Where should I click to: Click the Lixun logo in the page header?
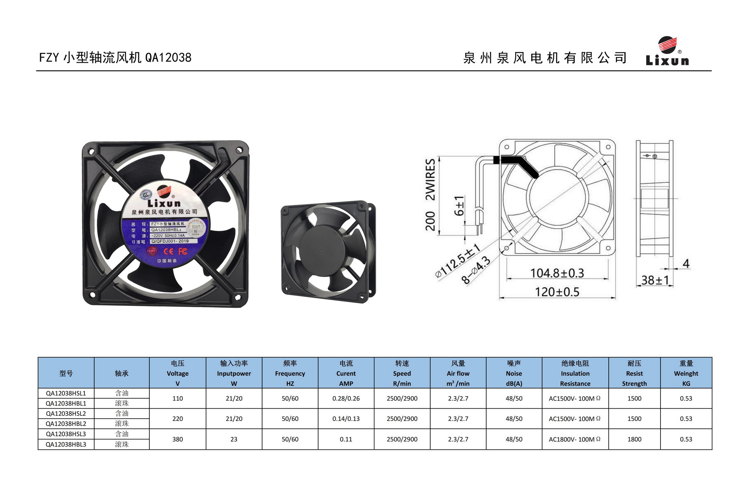coord(667,51)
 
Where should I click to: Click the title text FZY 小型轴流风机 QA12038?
coord(115,57)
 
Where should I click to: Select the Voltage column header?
coord(178,373)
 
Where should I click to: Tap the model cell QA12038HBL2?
coord(66,424)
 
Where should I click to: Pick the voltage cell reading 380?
coord(178,439)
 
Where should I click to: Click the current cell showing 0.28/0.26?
coord(346,398)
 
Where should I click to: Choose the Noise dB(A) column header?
coord(514,373)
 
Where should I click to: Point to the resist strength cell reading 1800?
coord(634,439)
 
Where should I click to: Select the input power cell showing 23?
coord(234,439)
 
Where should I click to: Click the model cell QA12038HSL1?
coord(66,393)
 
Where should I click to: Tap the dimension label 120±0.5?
coord(557,292)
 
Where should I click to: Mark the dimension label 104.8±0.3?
coord(557,273)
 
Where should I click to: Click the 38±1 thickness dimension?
coord(655,280)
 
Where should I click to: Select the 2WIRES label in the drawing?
coord(430,179)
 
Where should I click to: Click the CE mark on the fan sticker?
coord(168,251)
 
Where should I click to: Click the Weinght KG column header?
coord(686,373)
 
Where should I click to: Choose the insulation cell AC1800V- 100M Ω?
coord(575,439)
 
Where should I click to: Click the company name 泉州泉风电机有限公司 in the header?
coord(545,58)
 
